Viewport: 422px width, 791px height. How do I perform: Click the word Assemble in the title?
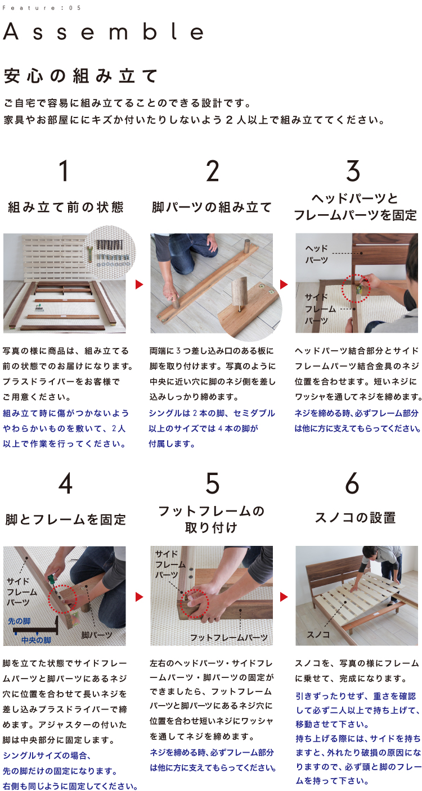103,31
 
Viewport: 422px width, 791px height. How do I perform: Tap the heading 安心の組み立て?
80,76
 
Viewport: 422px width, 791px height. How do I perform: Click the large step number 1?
64,171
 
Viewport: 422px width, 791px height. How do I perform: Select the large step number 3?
353,171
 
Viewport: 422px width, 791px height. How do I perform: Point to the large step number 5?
213,483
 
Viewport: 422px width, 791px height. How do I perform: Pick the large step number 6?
352,483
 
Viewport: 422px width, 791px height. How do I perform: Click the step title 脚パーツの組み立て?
212,207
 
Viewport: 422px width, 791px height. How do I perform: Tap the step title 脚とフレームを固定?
65,519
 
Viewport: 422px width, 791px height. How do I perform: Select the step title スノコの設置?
355,518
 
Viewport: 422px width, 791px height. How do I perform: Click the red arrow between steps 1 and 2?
139,284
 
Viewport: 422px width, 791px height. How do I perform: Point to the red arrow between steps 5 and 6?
284,597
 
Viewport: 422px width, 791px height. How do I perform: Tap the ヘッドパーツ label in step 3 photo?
317,254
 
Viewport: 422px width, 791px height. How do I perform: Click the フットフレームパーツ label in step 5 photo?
229,638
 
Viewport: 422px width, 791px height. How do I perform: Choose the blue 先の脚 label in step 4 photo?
20,621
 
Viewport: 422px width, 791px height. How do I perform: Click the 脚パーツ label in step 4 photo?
97,635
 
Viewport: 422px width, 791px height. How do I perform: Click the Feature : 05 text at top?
42,8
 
